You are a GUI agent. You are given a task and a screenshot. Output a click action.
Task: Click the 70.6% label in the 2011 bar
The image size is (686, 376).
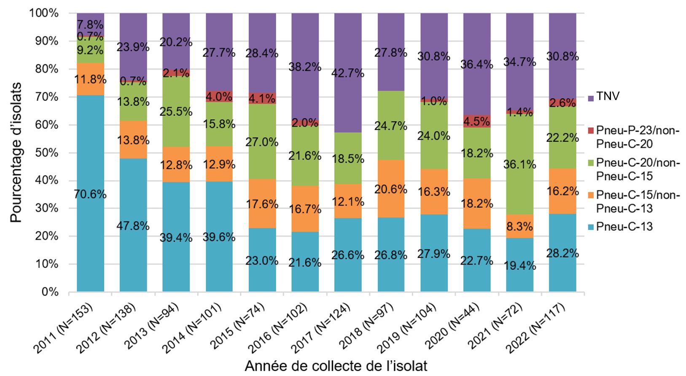pos(90,195)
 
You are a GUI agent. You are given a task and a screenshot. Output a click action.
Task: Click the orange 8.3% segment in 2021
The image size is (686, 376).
pos(520,226)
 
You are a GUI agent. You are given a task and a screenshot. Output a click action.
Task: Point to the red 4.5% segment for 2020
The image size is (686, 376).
pos(477,121)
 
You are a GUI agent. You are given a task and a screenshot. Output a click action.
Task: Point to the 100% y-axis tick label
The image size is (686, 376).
pos(43,14)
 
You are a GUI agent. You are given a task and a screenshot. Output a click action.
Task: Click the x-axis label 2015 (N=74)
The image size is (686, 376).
pos(243,325)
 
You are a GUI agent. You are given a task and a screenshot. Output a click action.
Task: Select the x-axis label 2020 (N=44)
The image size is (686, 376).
pos(458,325)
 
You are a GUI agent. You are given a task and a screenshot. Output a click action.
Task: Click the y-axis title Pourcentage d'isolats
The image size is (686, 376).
pos(16,152)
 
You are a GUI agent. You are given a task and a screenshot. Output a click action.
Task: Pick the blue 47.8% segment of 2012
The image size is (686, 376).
pos(133,226)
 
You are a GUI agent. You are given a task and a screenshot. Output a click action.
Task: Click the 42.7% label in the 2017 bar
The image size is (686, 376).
pos(348,73)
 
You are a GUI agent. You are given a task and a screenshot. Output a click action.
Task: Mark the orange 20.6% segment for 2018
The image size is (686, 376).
pos(391,189)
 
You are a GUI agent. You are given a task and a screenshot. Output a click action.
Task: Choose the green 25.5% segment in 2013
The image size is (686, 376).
pos(176,111)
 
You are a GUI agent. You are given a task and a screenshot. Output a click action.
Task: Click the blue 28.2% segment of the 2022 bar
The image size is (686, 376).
pos(563,253)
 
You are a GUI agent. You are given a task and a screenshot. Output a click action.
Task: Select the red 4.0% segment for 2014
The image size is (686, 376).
pos(219,97)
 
